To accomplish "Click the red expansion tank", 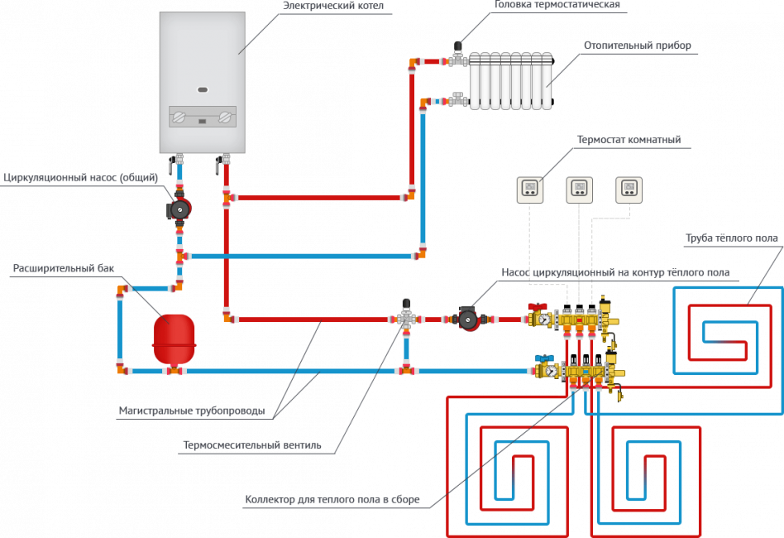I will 174,340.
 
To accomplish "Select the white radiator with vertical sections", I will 510,80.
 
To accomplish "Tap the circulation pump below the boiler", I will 179,209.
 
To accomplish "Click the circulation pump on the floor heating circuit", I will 468,319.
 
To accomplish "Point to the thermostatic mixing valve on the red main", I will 406,317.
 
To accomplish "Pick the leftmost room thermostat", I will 529,190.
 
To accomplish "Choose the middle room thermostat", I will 579,190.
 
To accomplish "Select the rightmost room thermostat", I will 629,190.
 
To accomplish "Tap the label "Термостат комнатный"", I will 629,139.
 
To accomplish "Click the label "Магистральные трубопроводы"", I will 191,411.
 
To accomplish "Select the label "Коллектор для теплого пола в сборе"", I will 332,500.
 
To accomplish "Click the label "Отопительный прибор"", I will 637,46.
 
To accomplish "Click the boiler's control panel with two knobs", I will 203,118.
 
